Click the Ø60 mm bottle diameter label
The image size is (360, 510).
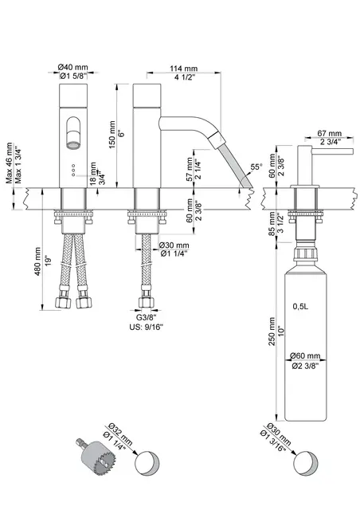point(305,355)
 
